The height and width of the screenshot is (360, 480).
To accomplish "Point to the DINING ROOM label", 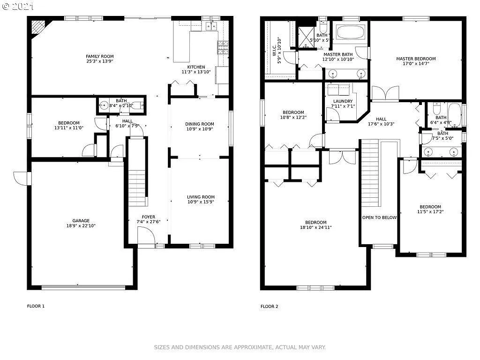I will [x=199, y=124].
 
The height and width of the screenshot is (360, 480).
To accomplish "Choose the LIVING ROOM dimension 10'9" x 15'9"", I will [x=201, y=202].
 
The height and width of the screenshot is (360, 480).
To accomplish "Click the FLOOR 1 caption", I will [x=36, y=307].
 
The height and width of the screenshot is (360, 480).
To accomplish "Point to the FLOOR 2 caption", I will [x=269, y=307].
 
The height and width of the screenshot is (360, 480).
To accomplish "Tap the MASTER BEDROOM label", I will [x=416, y=59].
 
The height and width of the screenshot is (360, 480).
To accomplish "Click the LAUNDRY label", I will [x=343, y=101].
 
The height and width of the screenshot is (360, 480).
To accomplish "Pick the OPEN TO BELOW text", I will [x=379, y=217].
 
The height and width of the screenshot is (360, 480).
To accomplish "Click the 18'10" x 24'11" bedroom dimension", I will [x=315, y=227].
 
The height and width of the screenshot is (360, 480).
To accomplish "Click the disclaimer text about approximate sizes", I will [x=240, y=347].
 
